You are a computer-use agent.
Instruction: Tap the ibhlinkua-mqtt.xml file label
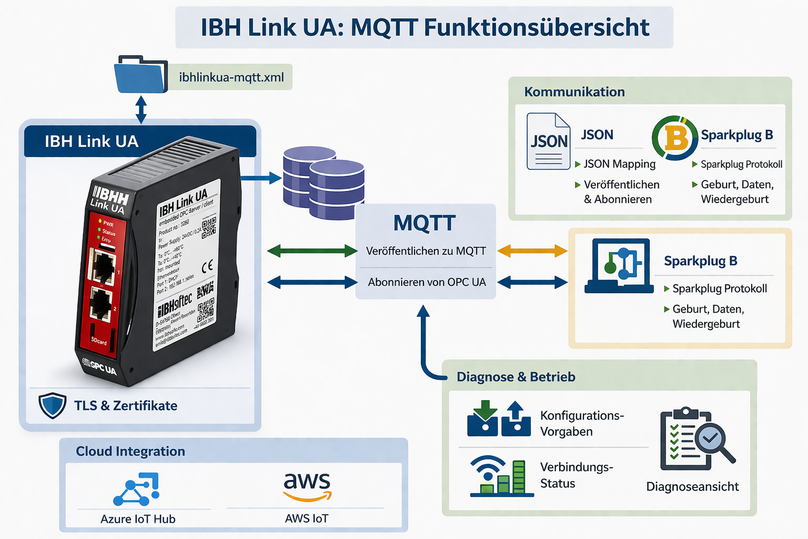[231, 77]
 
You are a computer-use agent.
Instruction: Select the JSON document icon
[549, 141]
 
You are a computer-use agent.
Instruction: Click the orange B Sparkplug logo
[675, 138]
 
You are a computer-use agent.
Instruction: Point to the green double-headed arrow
[312, 251]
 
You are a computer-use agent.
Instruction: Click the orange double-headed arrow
[532, 251]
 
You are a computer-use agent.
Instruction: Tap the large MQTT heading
[425, 223]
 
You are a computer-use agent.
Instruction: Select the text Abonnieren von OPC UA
[427, 282]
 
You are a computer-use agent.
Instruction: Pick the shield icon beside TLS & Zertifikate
[53, 405]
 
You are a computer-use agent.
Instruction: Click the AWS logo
[307, 485]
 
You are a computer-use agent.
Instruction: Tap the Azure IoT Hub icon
[137, 489]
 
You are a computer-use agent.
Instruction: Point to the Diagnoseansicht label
[692, 486]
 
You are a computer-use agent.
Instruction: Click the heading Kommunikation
[574, 92]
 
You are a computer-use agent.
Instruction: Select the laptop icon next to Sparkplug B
[619, 266]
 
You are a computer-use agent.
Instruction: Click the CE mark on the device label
[207, 266]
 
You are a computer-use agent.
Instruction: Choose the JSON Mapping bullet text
[619, 164]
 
